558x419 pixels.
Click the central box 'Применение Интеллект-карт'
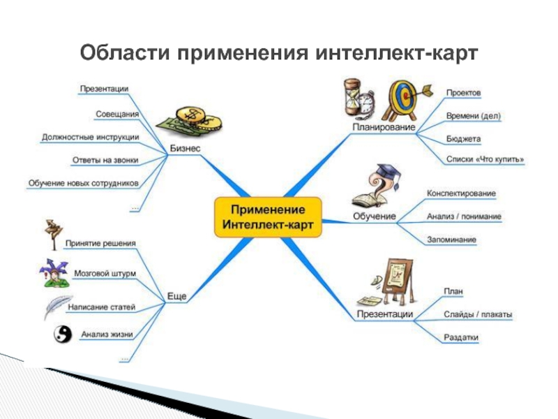click(268, 217)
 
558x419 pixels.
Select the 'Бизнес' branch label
click(185, 149)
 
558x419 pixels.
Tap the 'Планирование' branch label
click(384, 128)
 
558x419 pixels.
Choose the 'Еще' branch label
click(176, 297)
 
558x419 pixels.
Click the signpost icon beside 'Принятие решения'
click(53, 235)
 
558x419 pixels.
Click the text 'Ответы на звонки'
click(105, 160)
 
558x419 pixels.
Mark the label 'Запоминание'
click(451, 240)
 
